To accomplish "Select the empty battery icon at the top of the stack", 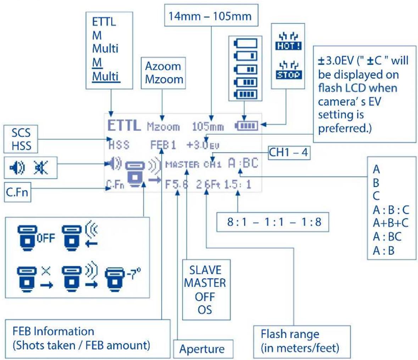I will (x=244, y=44).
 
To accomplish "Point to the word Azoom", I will (x=163, y=66).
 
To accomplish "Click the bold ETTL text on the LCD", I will (x=124, y=126).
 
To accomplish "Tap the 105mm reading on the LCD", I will (x=208, y=127).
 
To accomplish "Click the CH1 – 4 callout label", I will (x=288, y=153).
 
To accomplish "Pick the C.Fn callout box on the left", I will (x=17, y=194).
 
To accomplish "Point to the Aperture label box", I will (x=202, y=349).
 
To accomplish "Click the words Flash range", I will (x=290, y=334).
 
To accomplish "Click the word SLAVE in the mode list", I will (x=205, y=270).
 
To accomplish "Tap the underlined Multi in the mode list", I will (x=105, y=76).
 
